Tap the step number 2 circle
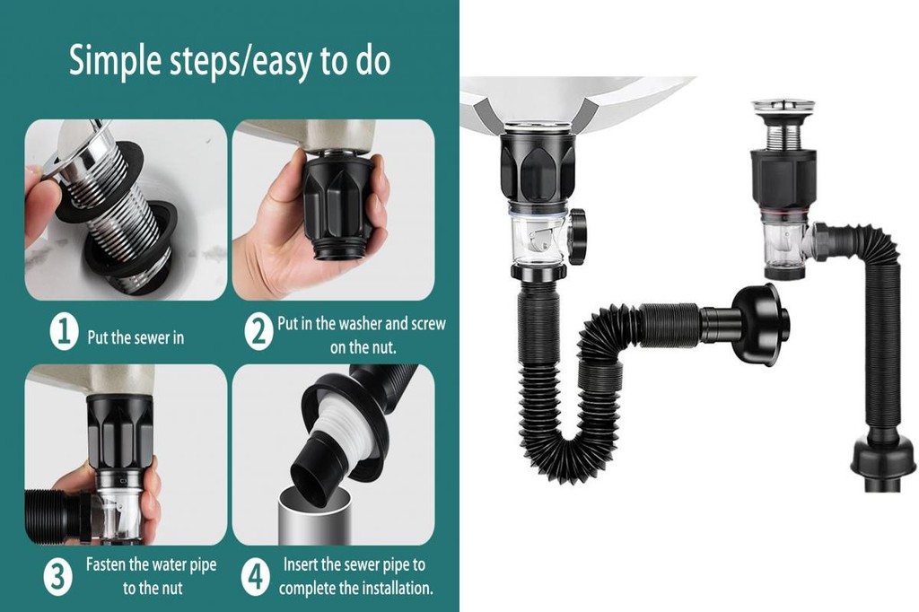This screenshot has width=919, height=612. (258, 333)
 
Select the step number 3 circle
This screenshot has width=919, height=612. (57, 576)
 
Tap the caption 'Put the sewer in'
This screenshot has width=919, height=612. (136, 338)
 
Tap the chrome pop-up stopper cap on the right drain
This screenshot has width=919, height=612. (783, 109)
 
